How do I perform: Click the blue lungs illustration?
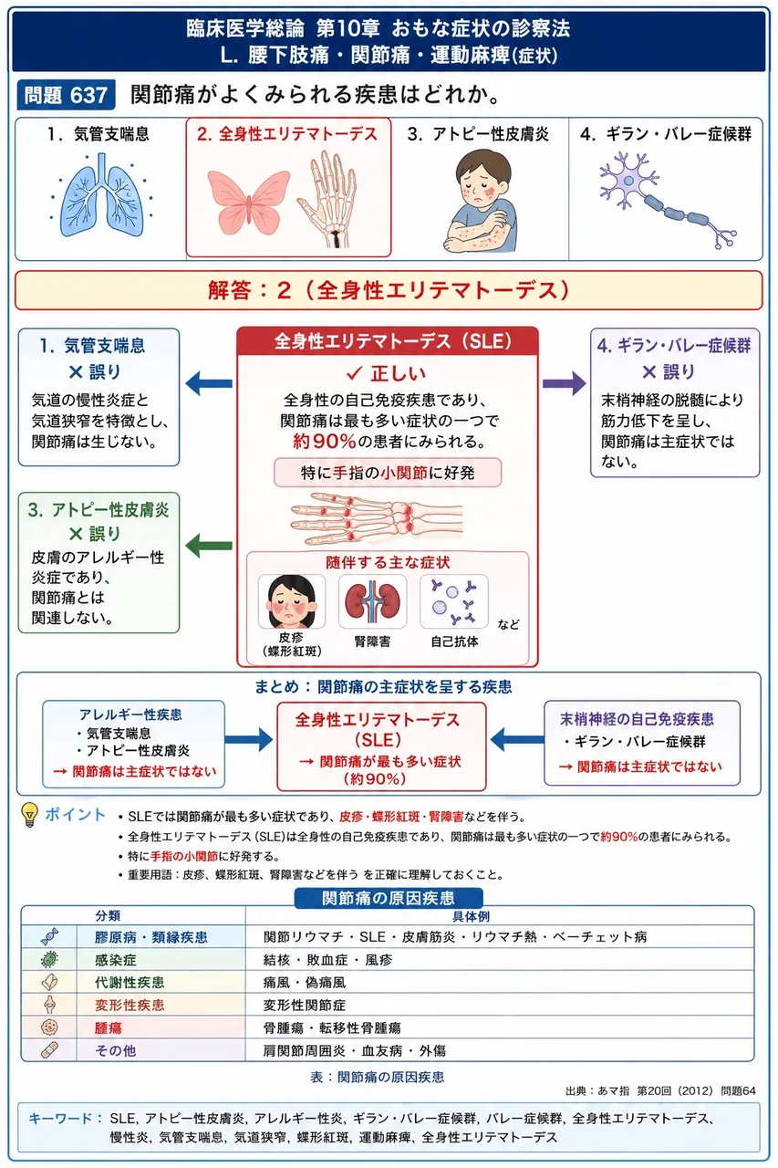click(101, 194)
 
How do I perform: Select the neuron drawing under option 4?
click(668, 199)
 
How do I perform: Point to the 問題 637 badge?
click(66, 95)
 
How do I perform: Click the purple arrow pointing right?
click(565, 384)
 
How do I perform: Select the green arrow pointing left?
click(209, 546)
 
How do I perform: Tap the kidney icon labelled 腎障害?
click(372, 601)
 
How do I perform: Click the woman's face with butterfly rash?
click(291, 601)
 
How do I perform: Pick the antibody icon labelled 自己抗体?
click(454, 601)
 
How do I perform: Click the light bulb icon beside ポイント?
click(30, 815)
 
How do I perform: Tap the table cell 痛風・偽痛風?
click(305, 983)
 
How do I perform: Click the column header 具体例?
click(471, 916)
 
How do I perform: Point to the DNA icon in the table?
click(49, 936)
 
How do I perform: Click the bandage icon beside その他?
click(49, 1050)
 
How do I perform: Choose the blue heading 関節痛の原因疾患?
click(389, 898)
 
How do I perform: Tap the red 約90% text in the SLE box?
click(324, 442)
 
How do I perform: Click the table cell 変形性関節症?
click(305, 1006)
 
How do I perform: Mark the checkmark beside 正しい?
click(355, 373)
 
